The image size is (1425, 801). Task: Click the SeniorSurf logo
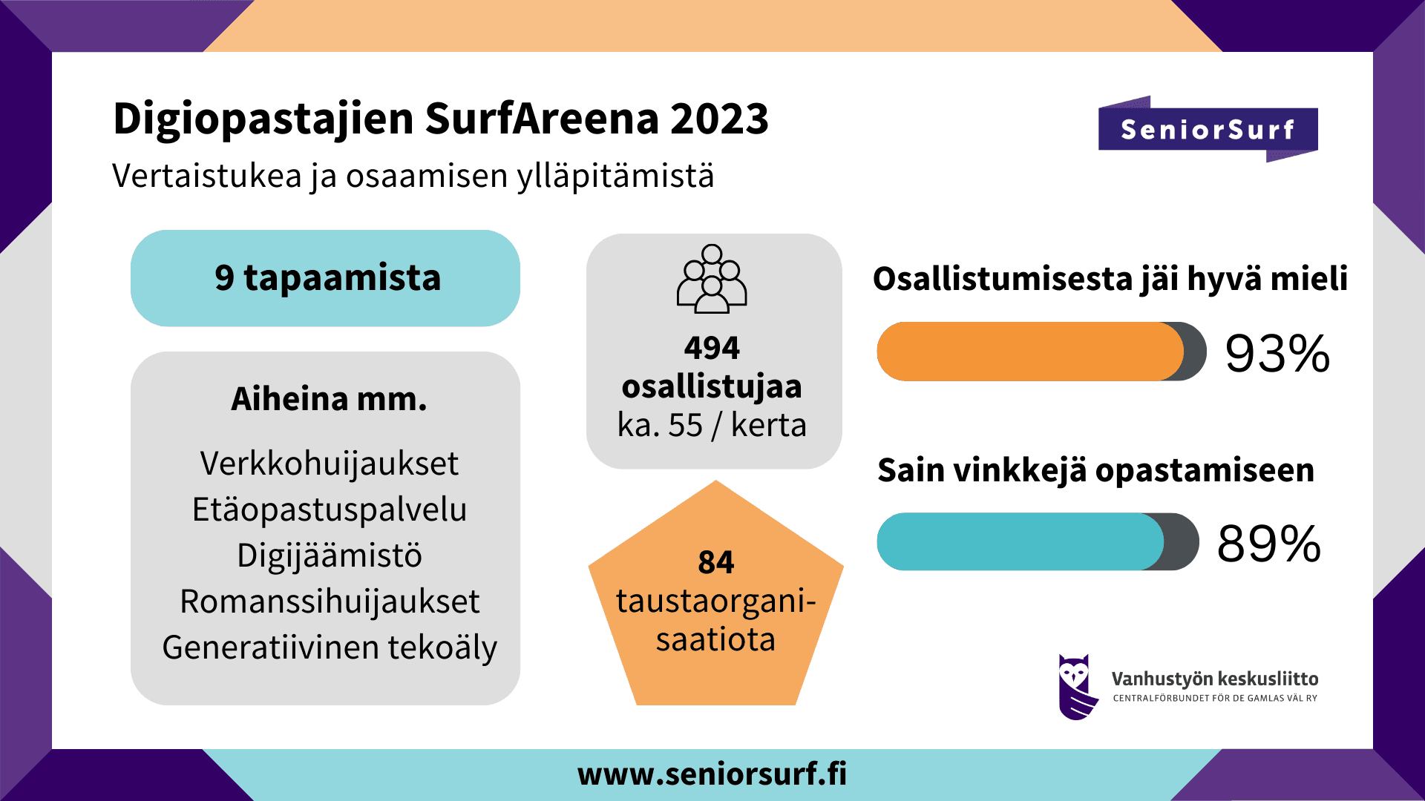click(x=1208, y=129)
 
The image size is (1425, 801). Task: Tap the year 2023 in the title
click(x=719, y=119)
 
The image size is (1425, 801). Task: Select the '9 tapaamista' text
click(x=327, y=278)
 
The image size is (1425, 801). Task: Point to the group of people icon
click(x=712, y=278)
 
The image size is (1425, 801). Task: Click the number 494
click(x=712, y=348)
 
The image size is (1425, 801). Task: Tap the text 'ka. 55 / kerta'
click(x=712, y=425)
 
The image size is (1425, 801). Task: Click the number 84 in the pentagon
click(x=715, y=562)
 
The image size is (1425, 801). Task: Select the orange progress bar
click(x=1030, y=352)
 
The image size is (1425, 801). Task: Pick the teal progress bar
click(x=1021, y=541)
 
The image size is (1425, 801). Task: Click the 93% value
click(x=1277, y=353)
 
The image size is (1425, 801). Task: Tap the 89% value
click(x=1269, y=544)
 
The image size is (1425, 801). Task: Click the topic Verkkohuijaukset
click(x=330, y=464)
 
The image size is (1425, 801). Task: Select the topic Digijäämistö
click(x=330, y=556)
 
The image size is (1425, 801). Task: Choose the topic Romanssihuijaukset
click(x=330, y=601)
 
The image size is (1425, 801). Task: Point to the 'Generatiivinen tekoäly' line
click(x=330, y=648)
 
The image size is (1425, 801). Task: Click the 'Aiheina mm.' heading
click(x=329, y=399)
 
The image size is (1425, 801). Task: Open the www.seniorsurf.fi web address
click(x=712, y=774)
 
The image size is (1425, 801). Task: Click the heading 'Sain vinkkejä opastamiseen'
click(x=1095, y=471)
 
